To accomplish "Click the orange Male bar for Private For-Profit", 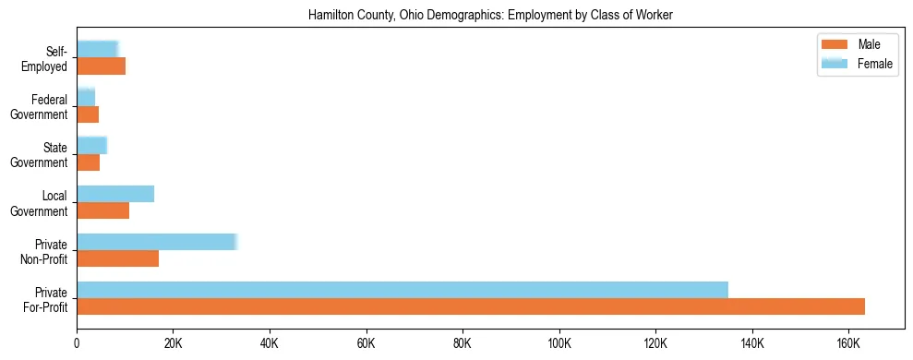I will coord(471,306).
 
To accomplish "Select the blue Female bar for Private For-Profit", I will coord(402,290).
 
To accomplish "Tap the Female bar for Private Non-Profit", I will coord(157,242).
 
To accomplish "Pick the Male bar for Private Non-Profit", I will coord(117,258).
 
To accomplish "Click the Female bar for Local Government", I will coord(115,194).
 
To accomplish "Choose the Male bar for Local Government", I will coord(102,210).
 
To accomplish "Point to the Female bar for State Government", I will coord(91,145).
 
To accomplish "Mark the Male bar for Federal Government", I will coord(88,114).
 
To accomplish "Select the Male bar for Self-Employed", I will coord(101,66).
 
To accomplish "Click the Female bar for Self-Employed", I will coord(97,49).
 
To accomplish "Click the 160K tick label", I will coord(848,343).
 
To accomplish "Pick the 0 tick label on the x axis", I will coord(77,343).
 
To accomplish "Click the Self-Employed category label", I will coord(47,59).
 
